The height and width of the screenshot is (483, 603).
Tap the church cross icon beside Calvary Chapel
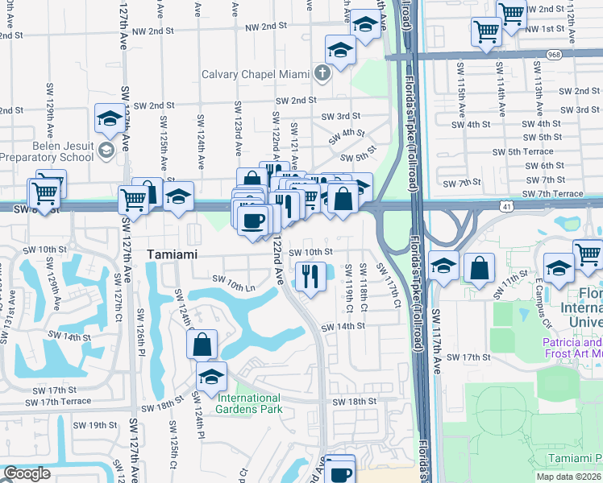(322, 74)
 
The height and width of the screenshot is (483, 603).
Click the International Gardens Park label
(248, 403)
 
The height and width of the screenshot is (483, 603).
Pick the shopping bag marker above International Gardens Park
(202, 345)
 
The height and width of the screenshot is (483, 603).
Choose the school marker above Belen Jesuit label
(109, 119)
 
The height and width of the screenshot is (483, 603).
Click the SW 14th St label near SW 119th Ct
(343, 327)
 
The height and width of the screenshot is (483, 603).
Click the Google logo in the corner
(27, 473)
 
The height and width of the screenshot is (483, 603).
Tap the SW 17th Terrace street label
(61, 401)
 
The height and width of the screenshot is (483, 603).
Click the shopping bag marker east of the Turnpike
(480, 270)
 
